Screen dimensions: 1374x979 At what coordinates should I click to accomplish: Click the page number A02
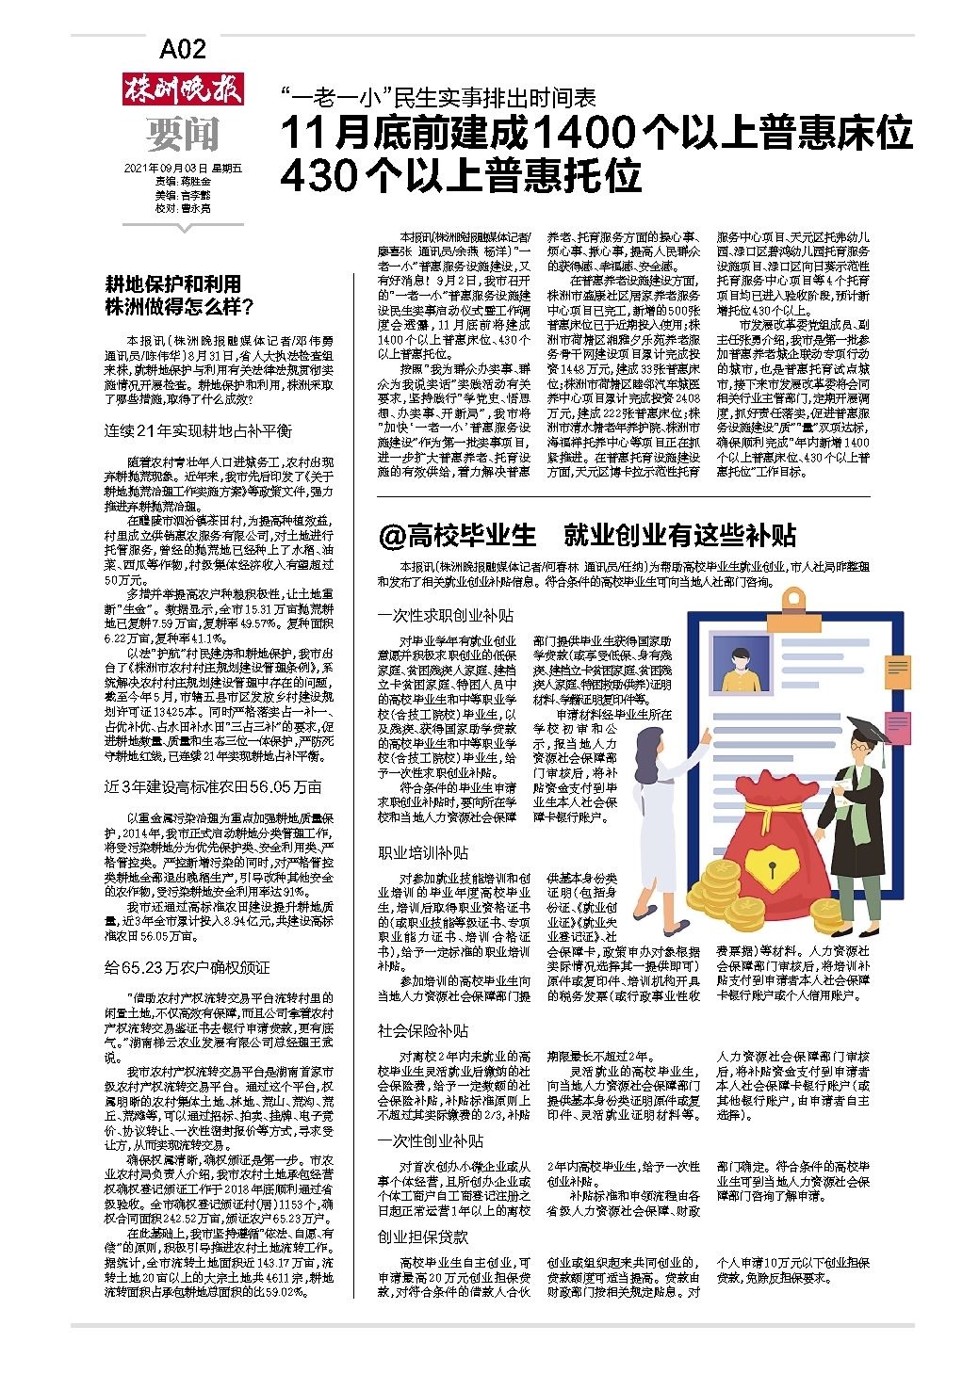pyautogui.click(x=183, y=49)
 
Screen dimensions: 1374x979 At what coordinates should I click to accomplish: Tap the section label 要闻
pyautogui.click(x=183, y=135)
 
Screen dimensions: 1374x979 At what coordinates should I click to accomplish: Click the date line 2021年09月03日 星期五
pyautogui.click(x=183, y=169)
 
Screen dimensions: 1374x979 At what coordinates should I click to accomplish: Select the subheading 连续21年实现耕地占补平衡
pyautogui.click(x=198, y=430)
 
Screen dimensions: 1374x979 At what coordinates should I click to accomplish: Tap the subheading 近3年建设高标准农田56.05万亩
pyautogui.click(x=213, y=786)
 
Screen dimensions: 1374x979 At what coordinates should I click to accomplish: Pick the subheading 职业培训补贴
pyautogui.click(x=423, y=853)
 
